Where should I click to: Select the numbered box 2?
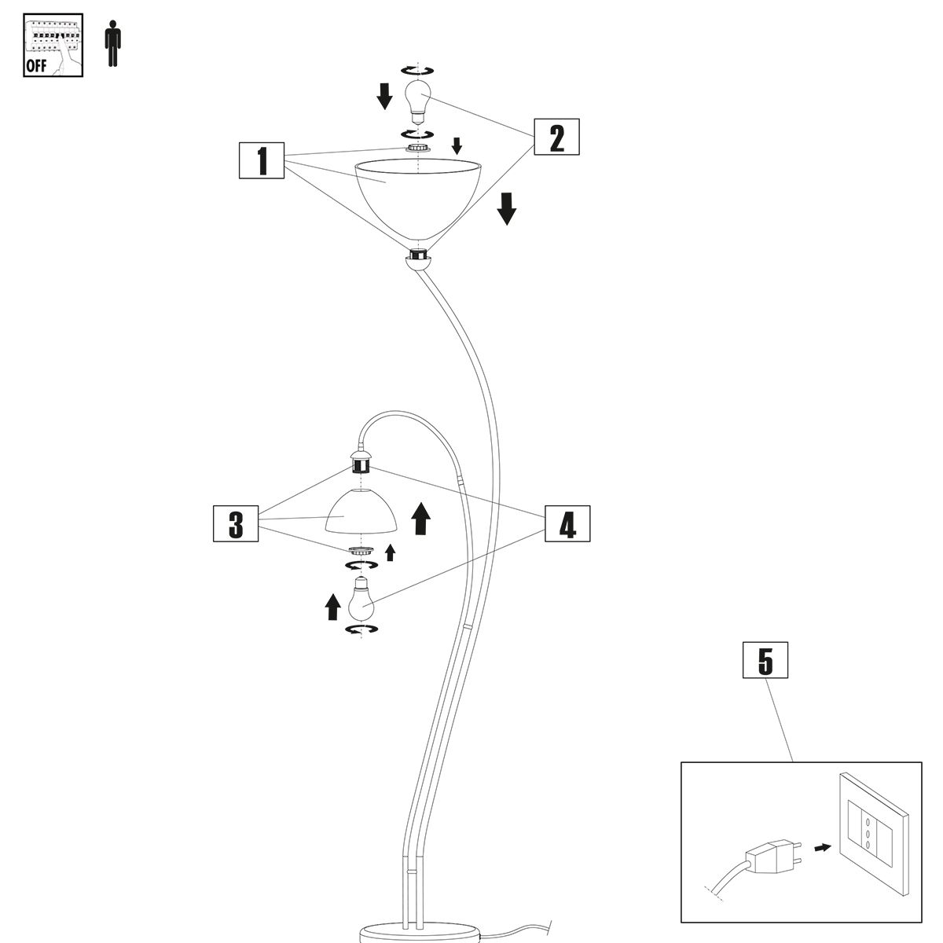point(556,138)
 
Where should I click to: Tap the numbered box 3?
point(236,523)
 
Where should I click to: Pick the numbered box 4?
point(567,523)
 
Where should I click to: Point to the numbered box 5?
point(765,661)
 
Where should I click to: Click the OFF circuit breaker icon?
point(53,46)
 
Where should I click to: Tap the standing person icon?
point(113,45)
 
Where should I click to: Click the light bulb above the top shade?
point(420,99)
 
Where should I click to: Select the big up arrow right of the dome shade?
point(421,519)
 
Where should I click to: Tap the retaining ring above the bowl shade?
point(419,148)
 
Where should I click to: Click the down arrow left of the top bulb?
point(384,96)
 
